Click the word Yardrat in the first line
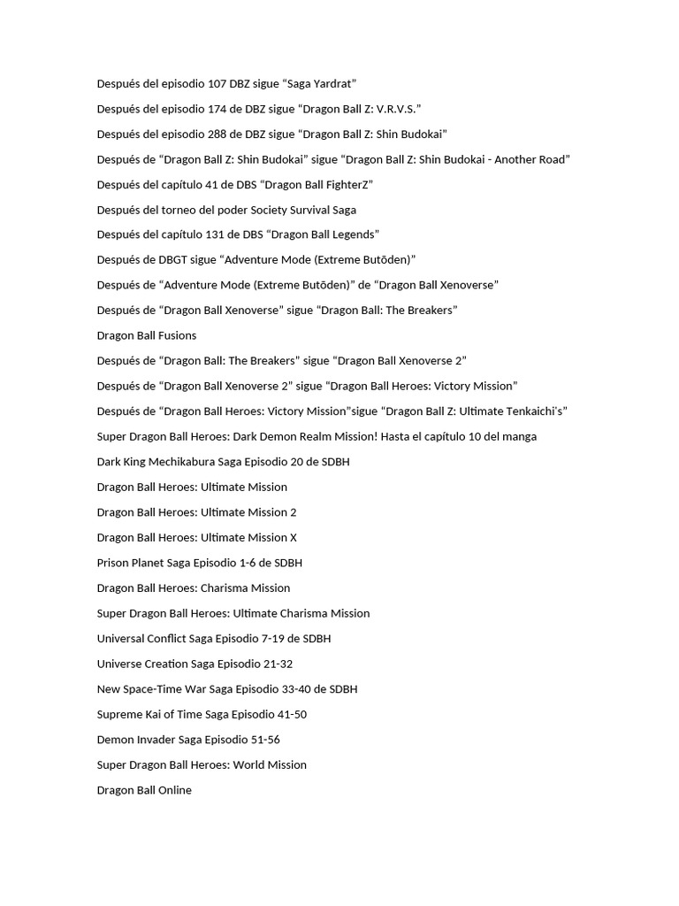(331, 84)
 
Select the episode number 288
(217, 134)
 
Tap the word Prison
(111, 563)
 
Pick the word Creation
(167, 664)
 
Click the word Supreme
(118, 714)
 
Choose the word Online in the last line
(174, 790)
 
